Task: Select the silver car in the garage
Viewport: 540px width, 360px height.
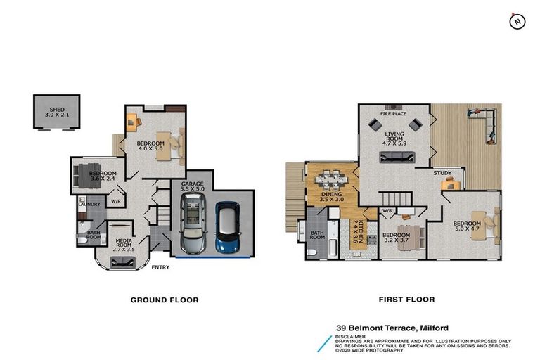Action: [x=193, y=224]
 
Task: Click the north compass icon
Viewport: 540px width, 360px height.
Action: [x=517, y=21]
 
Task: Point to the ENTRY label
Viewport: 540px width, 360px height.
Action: [x=160, y=267]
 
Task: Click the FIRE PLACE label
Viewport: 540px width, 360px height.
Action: [x=394, y=113]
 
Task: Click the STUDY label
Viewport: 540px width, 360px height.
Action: [x=442, y=172]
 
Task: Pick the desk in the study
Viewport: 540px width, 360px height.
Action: [x=451, y=185]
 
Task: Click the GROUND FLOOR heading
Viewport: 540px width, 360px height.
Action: [x=165, y=300]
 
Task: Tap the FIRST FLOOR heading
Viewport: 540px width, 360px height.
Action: [x=406, y=300]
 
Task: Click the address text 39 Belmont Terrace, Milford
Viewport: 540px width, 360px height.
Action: [x=392, y=328]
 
